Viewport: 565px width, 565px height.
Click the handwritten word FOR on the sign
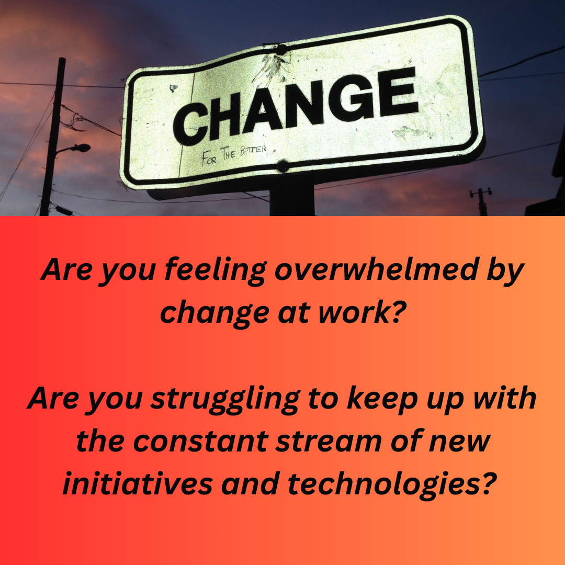209,158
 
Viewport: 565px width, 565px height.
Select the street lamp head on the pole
81,148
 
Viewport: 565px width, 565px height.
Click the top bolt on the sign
281,50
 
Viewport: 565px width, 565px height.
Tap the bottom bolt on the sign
282,166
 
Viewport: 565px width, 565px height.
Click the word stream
328,441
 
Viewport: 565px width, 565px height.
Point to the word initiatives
138,483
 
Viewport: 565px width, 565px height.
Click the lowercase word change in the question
215,313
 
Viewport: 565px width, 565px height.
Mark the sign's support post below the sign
292,198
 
